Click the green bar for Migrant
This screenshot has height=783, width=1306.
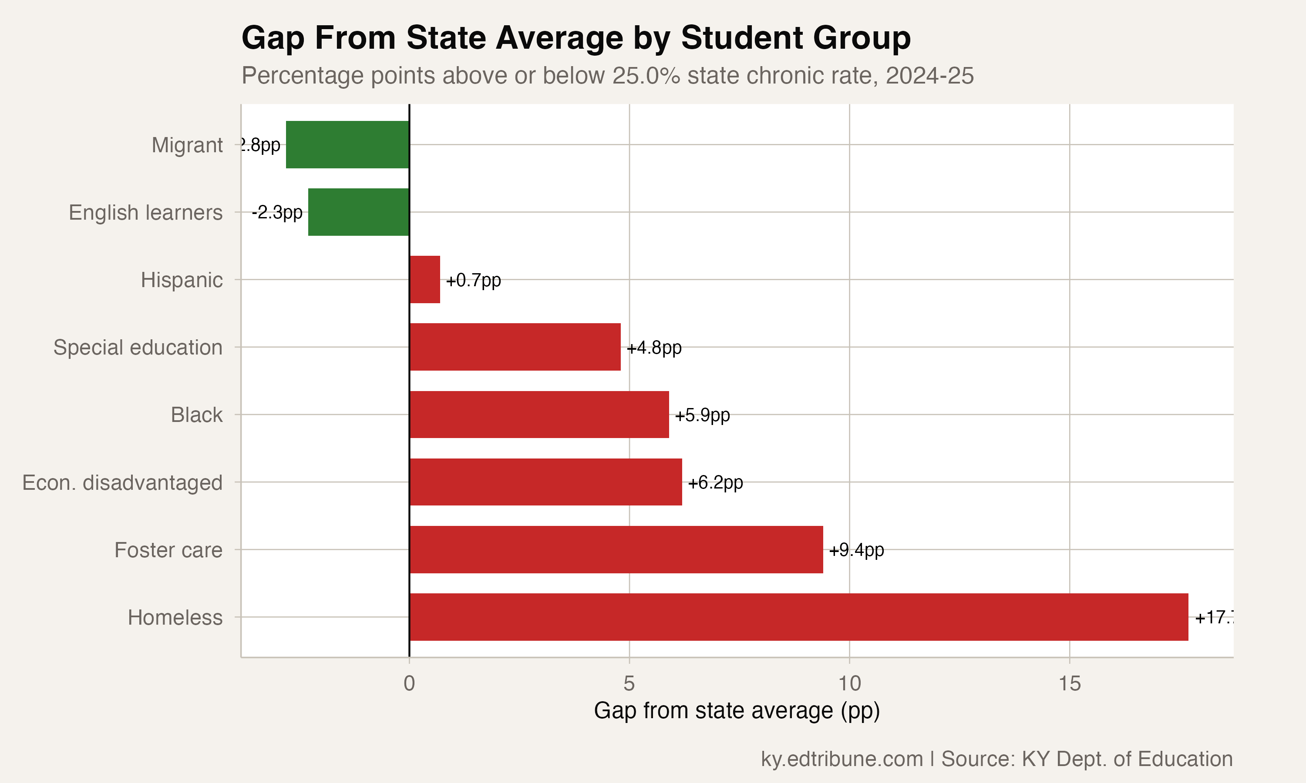(x=347, y=144)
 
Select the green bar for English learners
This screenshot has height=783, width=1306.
(x=358, y=212)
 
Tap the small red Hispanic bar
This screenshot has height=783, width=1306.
(x=424, y=280)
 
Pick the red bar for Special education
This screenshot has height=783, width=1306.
(x=515, y=347)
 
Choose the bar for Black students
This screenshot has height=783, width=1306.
(x=539, y=415)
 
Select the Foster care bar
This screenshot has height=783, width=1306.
(x=616, y=549)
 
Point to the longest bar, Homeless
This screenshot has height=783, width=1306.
(x=798, y=617)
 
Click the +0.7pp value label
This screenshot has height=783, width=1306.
(x=473, y=280)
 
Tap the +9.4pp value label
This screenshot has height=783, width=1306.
(x=856, y=550)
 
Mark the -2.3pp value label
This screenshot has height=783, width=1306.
(x=277, y=213)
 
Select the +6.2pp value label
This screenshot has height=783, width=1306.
(x=715, y=482)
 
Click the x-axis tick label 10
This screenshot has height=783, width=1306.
(x=849, y=684)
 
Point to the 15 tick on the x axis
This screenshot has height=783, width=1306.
(x=1070, y=684)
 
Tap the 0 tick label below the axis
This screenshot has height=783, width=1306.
(x=409, y=684)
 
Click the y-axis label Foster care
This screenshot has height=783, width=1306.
(x=168, y=550)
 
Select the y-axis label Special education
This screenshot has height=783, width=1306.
(x=138, y=347)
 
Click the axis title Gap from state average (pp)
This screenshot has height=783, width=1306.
(x=737, y=711)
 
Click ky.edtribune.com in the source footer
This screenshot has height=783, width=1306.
(x=841, y=759)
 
